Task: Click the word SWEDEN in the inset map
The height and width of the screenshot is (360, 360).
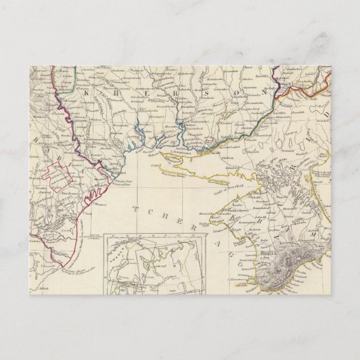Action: (x=116, y=253)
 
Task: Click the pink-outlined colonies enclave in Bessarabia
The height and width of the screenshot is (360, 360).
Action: (x=56, y=173)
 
